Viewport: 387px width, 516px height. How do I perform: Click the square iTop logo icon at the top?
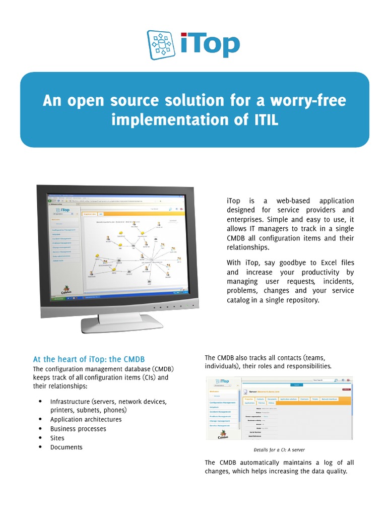(162, 45)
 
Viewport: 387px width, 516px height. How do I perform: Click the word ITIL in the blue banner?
(263, 120)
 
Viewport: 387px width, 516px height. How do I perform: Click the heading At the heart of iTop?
(89, 359)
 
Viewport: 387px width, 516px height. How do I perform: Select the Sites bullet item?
(58, 438)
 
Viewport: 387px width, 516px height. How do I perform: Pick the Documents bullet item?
(66, 447)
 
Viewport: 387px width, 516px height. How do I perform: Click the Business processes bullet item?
(78, 429)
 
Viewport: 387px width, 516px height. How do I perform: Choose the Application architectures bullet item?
(86, 419)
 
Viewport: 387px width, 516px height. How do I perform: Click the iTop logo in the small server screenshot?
(221, 382)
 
